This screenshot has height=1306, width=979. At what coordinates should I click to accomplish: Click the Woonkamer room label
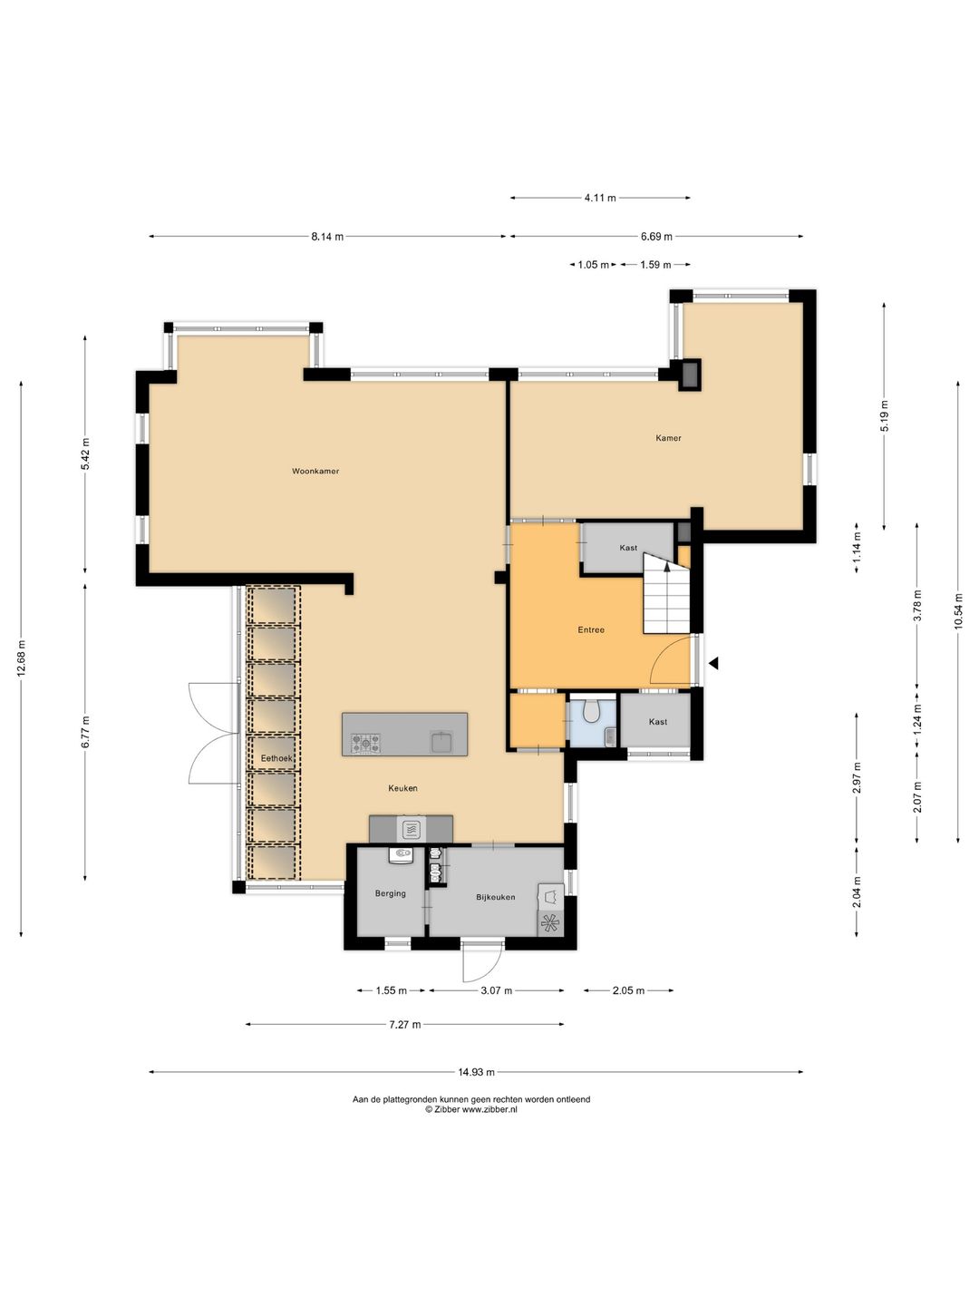[x=315, y=472]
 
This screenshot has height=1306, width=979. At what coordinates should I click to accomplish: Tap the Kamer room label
[x=668, y=438]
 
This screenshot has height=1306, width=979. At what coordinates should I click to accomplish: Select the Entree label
[x=591, y=629]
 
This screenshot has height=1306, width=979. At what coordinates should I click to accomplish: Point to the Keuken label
[x=402, y=788]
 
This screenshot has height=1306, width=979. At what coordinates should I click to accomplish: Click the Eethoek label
[x=276, y=758]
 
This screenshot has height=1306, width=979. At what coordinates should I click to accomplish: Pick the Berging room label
[x=390, y=893]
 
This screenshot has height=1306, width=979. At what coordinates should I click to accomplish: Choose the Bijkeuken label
[x=495, y=897]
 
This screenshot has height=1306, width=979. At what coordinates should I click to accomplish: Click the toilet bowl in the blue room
[x=591, y=711]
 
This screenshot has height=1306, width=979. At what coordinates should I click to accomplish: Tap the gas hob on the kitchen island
[x=365, y=743]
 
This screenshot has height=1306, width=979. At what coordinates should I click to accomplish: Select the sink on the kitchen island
[x=441, y=743]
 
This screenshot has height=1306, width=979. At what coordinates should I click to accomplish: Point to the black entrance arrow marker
[x=712, y=663]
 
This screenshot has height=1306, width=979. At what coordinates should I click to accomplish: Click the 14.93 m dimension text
[x=476, y=1073]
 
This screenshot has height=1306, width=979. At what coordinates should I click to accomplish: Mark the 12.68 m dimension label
[x=22, y=658]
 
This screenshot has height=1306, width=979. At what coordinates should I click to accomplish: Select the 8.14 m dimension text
[x=327, y=236]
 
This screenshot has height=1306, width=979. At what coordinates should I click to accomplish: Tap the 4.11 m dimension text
[x=600, y=198]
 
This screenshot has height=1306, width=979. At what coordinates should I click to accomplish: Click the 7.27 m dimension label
[x=405, y=1025]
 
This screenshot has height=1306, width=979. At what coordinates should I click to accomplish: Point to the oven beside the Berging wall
[x=411, y=829]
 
